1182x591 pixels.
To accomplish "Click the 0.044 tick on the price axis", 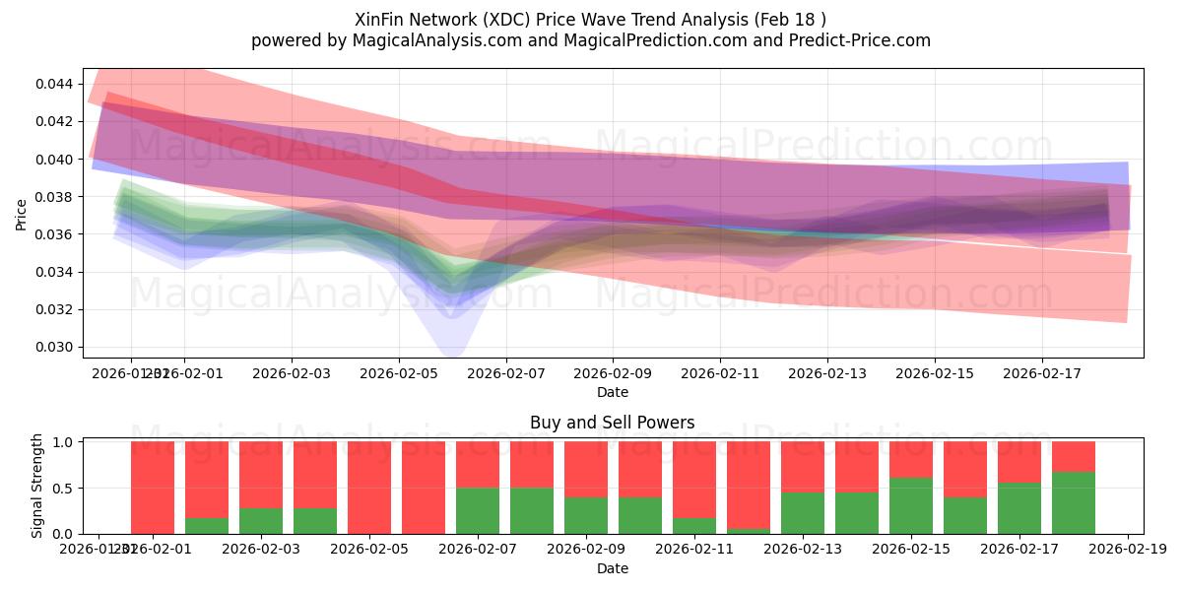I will (x=53, y=84).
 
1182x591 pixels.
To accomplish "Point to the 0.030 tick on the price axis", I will (x=53, y=347).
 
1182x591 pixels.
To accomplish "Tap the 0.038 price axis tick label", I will (x=53, y=197).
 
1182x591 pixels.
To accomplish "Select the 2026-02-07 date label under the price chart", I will (x=505, y=374).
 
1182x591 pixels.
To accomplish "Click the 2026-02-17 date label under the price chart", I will (x=1041, y=374).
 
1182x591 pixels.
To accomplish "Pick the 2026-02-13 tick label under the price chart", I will (x=826, y=374).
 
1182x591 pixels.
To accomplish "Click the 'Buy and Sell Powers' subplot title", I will (x=612, y=423).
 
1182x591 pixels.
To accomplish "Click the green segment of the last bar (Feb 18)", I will (x=1073, y=503).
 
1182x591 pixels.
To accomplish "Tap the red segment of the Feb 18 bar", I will (x=1073, y=457).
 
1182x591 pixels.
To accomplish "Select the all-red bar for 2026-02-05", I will (x=369, y=488).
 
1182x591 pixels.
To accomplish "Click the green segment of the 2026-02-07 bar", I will (x=478, y=511).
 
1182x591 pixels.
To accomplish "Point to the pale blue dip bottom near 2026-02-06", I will (x=452, y=350).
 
